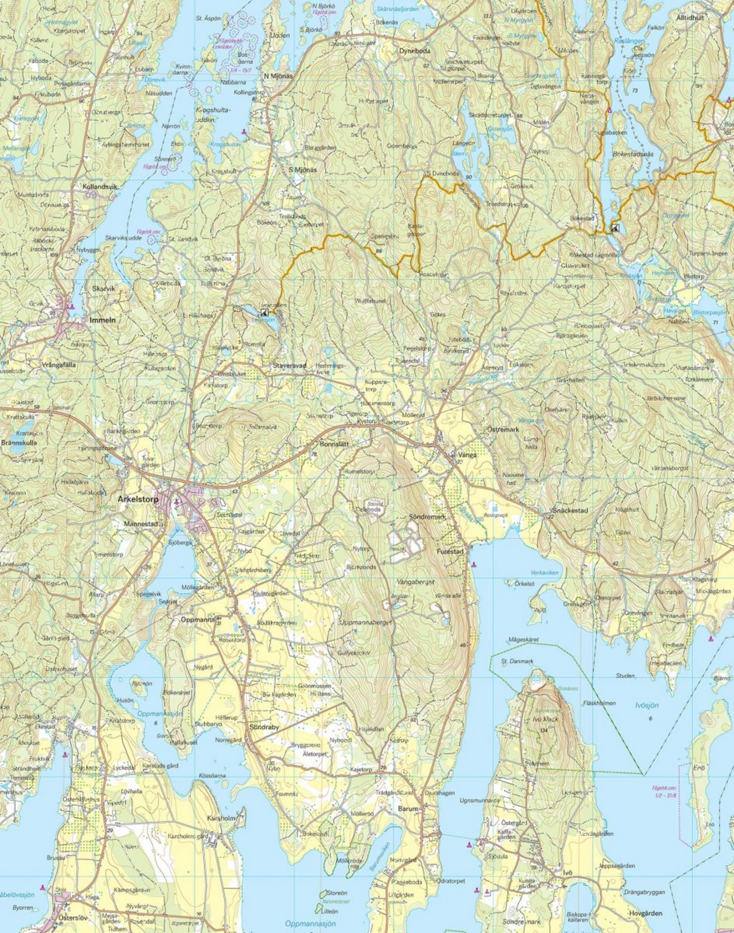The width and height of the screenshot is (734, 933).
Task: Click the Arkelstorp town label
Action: coord(137,500)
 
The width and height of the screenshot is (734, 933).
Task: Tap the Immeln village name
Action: coord(103,320)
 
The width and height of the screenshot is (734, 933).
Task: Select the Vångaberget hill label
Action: coord(416,582)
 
